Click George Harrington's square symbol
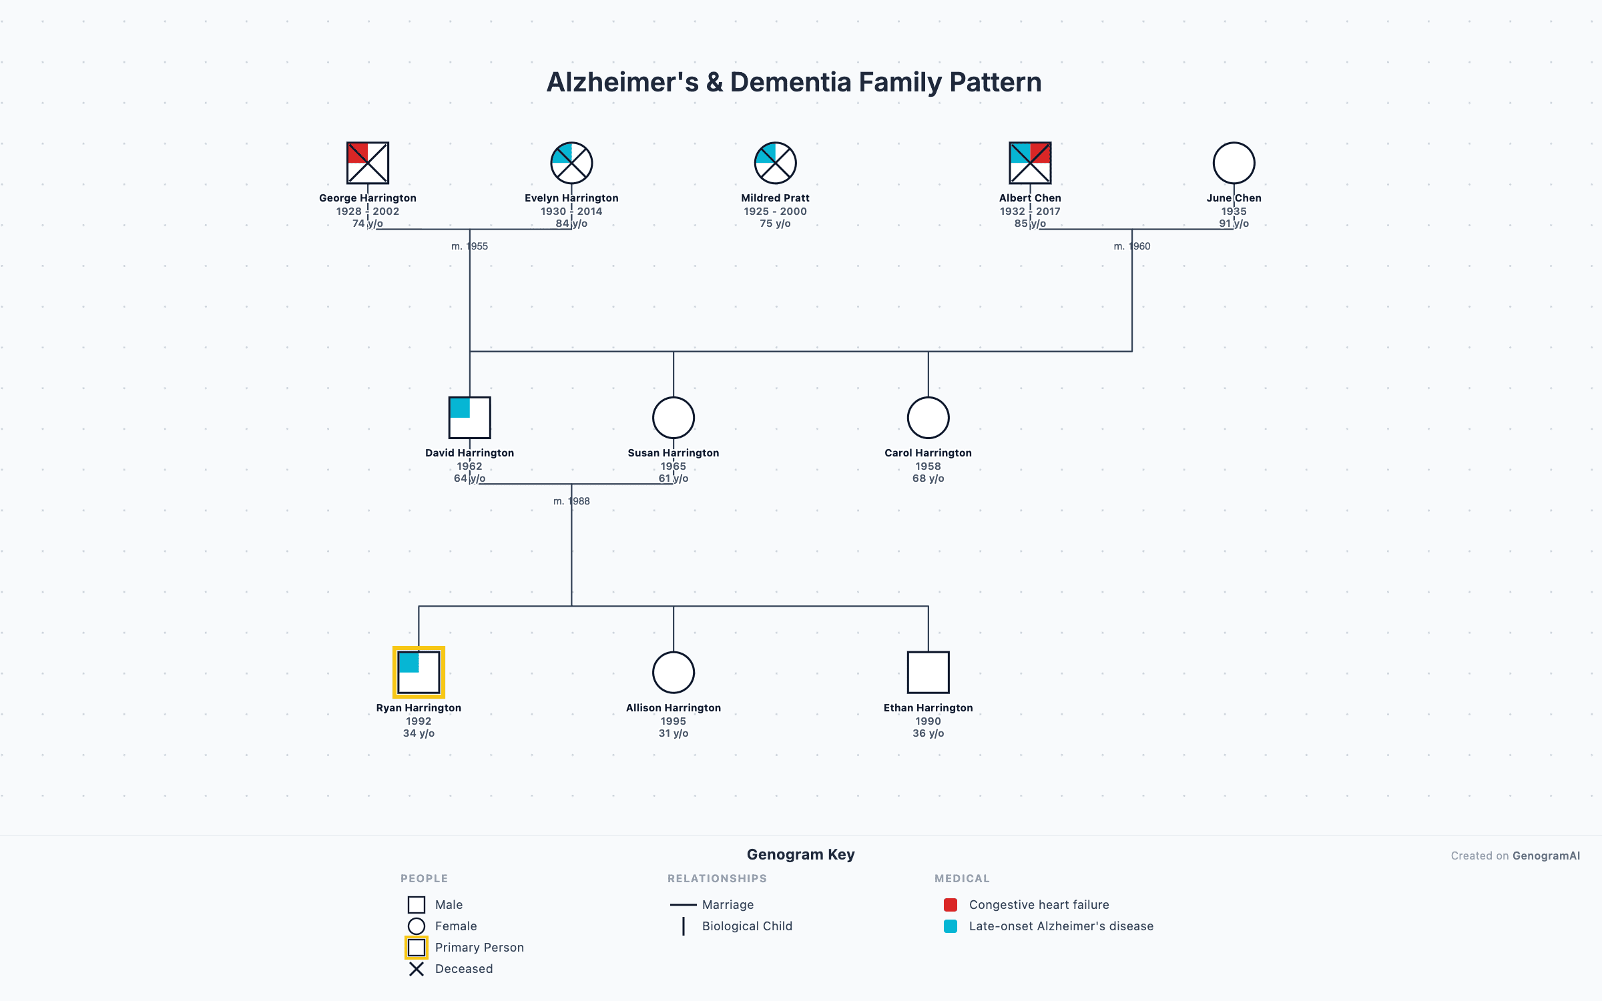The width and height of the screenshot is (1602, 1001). pos(368,163)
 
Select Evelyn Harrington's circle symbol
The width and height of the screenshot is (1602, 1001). pos(571,163)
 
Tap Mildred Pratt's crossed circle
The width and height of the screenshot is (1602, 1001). pos(775,163)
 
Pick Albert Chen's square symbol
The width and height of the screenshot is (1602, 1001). pos(1030,163)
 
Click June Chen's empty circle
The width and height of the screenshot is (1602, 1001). pos(1234,163)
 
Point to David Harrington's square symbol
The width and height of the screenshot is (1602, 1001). pos(469,418)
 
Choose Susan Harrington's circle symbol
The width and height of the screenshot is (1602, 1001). pos(674,418)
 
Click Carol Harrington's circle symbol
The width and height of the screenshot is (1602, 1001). pos(928,418)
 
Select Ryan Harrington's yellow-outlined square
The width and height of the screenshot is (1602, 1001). pos(419,673)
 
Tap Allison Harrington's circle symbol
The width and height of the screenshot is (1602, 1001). pos(674,673)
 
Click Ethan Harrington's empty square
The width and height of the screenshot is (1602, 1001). pos(928,673)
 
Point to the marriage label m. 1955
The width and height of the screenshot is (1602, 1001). pos(469,246)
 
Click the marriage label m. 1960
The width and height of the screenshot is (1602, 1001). pos(1131,246)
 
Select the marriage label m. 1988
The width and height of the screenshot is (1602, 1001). pos(571,501)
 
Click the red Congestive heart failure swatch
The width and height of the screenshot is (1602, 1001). pos(951,905)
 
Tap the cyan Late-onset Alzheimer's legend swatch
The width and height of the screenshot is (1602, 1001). pos(951,926)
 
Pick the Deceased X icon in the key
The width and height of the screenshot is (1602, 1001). pos(417,969)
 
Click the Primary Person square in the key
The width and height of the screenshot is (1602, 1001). pos(417,948)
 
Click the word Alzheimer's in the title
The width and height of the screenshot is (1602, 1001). pos(622,83)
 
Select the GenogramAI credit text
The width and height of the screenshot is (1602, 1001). pos(1546,856)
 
